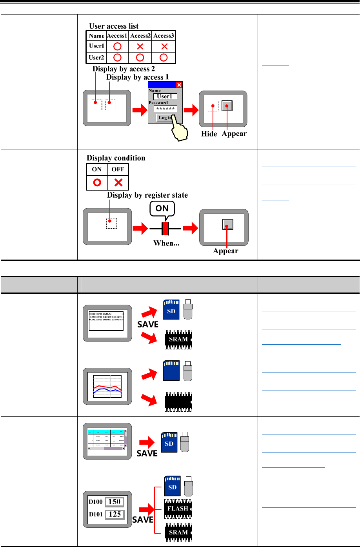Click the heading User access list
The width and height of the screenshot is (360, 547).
coord(114,26)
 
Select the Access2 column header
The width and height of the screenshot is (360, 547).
coord(140,36)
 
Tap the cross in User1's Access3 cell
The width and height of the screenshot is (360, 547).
coord(164,46)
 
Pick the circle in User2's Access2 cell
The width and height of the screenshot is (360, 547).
coord(140,57)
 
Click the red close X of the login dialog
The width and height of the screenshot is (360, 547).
coord(179,85)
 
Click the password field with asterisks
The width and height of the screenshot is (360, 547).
coord(165,109)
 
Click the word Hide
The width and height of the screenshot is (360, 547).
coord(209,134)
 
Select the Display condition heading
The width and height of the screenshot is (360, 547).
coord(116,158)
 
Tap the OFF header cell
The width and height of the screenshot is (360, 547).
coord(118,169)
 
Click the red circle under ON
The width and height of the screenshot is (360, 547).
coord(97,182)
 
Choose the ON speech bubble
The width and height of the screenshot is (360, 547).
coord(162,208)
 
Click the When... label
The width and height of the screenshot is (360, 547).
coord(166,243)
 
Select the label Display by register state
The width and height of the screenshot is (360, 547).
coord(147,195)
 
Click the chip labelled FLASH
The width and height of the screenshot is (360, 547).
coord(178,509)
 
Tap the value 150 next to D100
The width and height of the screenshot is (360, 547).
coord(114,502)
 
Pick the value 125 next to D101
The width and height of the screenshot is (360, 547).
coord(114,514)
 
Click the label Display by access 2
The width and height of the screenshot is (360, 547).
coord(121,69)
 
